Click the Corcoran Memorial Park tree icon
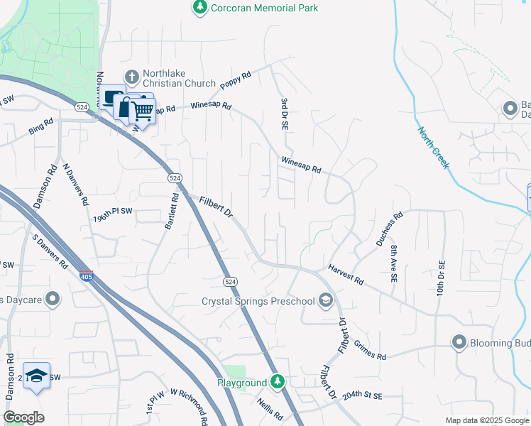click(200, 7)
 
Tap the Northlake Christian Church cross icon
click(131, 77)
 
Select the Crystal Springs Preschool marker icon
click(326, 301)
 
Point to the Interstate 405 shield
click(86, 275)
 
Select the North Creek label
click(433, 148)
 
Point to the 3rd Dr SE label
click(283, 114)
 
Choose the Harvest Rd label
click(346, 276)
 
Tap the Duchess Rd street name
click(389, 228)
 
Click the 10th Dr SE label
click(440, 278)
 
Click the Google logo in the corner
click(23, 417)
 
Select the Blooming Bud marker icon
click(459, 343)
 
